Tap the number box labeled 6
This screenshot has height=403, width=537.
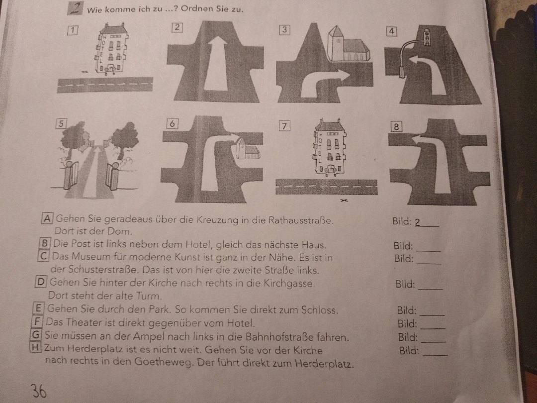172,123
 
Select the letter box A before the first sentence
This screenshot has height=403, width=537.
47,218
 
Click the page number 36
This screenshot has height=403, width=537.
39,391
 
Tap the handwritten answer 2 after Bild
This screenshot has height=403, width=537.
418,222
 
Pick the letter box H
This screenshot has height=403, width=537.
36,347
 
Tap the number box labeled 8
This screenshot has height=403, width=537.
396,127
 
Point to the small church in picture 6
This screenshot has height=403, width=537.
247,149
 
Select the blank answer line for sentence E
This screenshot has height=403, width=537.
432,314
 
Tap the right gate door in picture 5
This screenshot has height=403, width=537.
112,177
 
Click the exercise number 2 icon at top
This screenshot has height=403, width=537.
75,8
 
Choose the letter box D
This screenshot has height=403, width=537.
40,282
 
